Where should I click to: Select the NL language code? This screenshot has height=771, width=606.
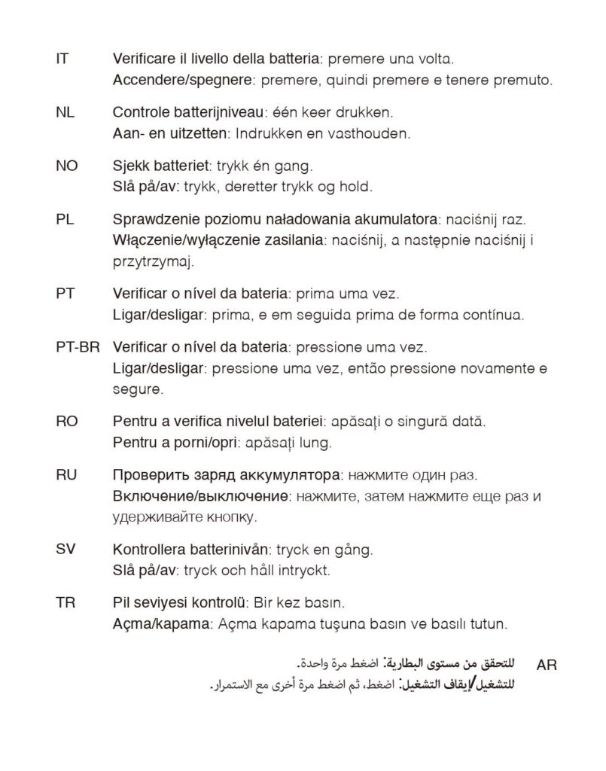tap(65, 113)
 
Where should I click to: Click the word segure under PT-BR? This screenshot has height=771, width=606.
tap(136, 390)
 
